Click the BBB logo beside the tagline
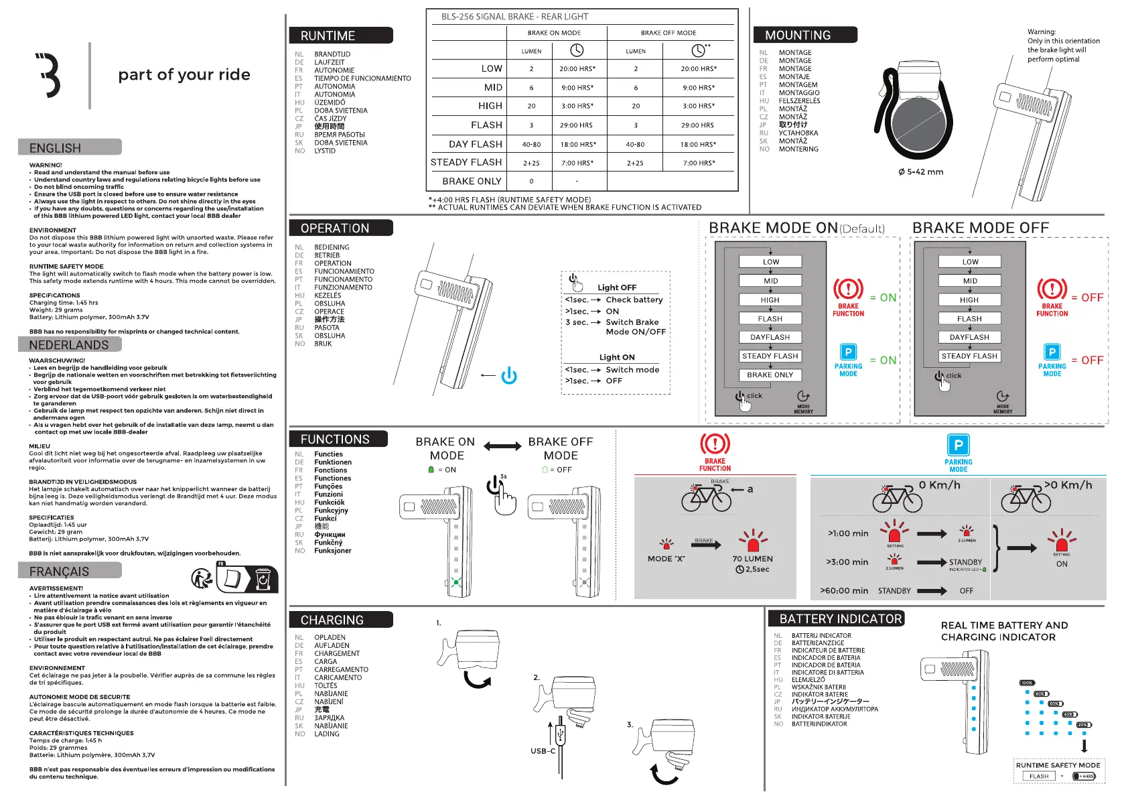click(x=49, y=75)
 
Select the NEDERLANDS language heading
click(x=69, y=344)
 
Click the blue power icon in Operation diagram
click(x=509, y=376)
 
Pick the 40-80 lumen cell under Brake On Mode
click(x=531, y=144)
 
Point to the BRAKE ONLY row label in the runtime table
click(x=472, y=181)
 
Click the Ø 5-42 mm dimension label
click(x=920, y=172)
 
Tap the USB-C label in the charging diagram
click(x=543, y=751)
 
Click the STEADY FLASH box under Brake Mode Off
click(x=969, y=356)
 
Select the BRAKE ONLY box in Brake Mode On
click(x=770, y=375)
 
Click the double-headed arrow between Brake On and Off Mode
click(x=502, y=446)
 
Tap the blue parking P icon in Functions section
click(x=959, y=445)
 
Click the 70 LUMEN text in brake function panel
click(x=752, y=559)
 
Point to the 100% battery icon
click(x=1027, y=683)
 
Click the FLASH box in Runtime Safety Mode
click(x=1039, y=777)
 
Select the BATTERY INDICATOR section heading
click(x=841, y=618)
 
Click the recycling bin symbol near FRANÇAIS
click(x=263, y=579)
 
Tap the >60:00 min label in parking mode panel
click(x=844, y=591)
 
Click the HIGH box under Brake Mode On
click(x=770, y=300)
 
